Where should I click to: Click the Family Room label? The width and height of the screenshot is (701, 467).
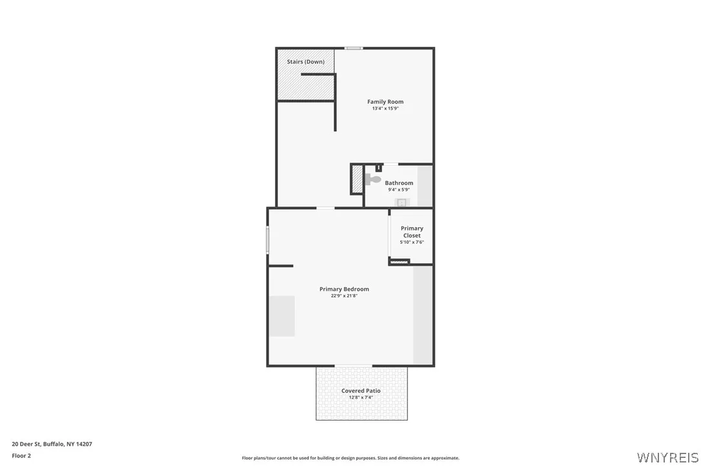[385, 102]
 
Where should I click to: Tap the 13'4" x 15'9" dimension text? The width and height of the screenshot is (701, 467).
[385, 109]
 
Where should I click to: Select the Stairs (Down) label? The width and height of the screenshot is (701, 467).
[306, 62]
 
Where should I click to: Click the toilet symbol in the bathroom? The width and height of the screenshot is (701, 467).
[373, 179]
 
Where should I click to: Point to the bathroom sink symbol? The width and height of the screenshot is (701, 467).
[401, 203]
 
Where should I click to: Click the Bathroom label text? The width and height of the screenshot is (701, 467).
[399, 183]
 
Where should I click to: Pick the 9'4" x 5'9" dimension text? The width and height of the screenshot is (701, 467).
[399, 190]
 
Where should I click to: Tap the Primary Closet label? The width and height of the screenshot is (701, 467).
[412, 232]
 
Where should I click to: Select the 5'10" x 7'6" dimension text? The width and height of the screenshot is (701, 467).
[412, 243]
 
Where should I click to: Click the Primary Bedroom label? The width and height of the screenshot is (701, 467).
[344, 289]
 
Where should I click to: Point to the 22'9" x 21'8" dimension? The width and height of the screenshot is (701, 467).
[344, 296]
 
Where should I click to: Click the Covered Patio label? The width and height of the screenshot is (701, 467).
[361, 391]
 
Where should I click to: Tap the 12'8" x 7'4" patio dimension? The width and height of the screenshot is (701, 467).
[361, 398]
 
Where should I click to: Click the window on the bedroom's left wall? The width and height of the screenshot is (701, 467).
[268, 239]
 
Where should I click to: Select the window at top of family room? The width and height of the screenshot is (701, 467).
[353, 48]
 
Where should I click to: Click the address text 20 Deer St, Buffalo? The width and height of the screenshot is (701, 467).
[52, 444]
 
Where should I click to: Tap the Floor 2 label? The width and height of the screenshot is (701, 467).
[21, 455]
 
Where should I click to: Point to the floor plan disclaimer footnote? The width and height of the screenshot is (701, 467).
[350, 458]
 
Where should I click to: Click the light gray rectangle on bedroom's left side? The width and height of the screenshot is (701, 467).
[282, 316]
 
